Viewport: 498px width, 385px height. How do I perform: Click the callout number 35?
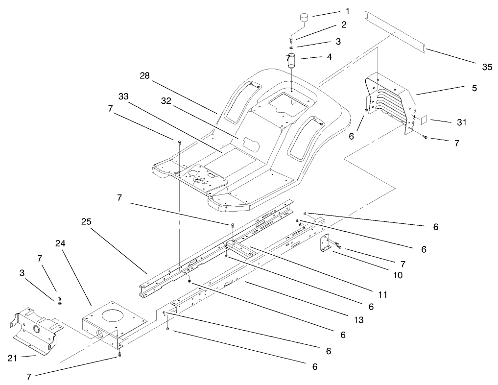(x=487, y=67)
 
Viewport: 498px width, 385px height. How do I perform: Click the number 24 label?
(x=60, y=243)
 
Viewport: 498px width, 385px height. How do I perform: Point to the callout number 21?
(x=13, y=359)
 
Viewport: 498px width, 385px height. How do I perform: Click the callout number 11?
(x=382, y=295)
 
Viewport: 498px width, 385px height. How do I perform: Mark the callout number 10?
(x=397, y=275)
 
